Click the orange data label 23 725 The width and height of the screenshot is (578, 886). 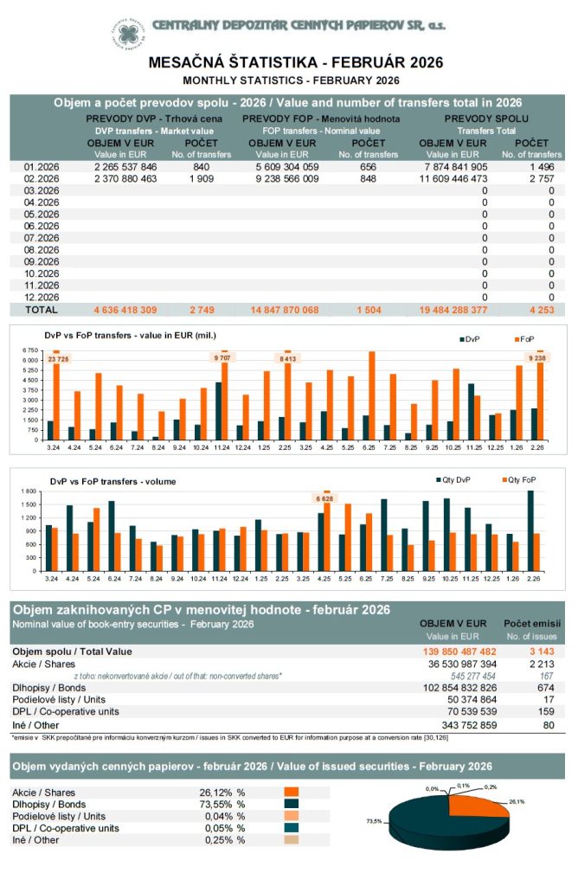[59, 358]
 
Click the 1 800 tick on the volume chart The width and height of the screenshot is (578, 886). [30, 491]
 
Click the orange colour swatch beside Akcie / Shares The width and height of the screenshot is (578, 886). [291, 792]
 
